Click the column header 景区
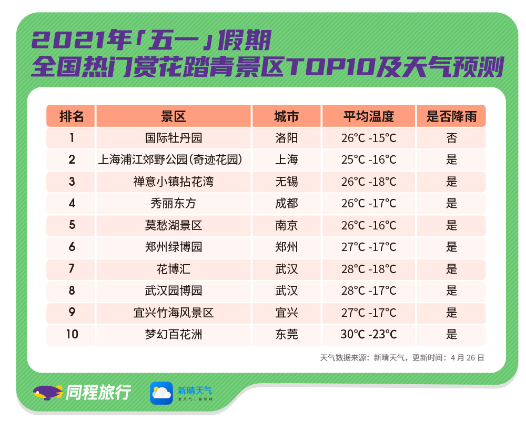[x=174, y=116]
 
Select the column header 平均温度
[x=368, y=116]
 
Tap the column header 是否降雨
[x=451, y=116]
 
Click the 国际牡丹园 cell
[x=174, y=138]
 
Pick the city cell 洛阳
[x=287, y=138]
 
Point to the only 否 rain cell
[x=451, y=138]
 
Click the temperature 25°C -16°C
[x=369, y=160]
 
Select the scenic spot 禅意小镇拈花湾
[x=174, y=182]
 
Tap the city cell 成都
[x=287, y=204]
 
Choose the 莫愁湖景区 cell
[x=174, y=225]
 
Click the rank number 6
[x=72, y=247]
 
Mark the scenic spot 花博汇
[x=174, y=269]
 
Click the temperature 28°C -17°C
[x=369, y=290]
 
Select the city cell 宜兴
[x=287, y=313]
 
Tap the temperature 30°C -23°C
[x=369, y=334]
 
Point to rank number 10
[x=72, y=334]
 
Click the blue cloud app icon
[x=161, y=393]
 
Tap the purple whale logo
[x=48, y=393]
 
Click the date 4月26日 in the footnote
[x=467, y=358]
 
